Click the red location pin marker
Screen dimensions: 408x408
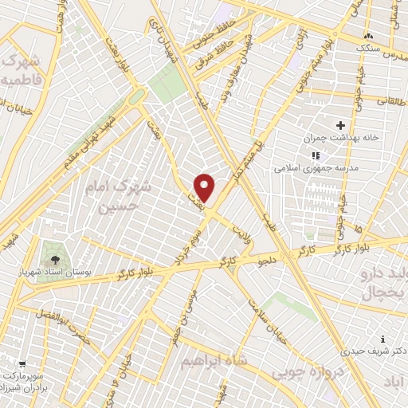[205, 187]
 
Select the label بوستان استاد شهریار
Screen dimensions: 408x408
[55, 273]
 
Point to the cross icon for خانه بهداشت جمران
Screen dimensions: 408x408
[341, 125]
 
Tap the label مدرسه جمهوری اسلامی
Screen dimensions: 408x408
[316, 168]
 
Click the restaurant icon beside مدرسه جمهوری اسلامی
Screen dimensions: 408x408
[316, 155]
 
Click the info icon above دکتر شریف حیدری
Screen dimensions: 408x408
[383, 339]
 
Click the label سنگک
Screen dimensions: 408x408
[369, 49]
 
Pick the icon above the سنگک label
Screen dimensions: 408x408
[368, 37]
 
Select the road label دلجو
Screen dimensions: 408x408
[265, 259]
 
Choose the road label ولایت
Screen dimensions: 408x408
[241, 233]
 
